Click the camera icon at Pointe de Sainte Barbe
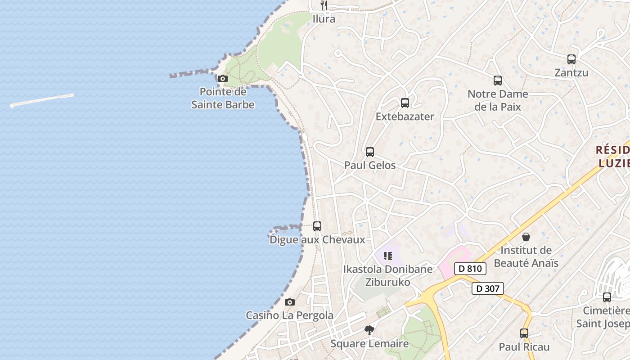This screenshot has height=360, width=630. (222, 79)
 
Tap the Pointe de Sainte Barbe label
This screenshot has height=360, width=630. (223, 98)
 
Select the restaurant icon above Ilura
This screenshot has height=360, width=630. (324, 5)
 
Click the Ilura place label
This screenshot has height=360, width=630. (324, 19)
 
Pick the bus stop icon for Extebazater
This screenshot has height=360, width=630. (405, 103)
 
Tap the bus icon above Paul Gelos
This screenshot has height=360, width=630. (370, 152)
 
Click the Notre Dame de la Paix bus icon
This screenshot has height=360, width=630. (498, 81)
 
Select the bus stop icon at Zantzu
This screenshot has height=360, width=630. (571, 59)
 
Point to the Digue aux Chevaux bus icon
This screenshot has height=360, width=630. (317, 226)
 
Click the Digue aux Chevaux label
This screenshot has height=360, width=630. (317, 240)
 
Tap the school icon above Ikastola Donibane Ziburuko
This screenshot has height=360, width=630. (388, 256)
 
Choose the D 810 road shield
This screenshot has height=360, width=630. (470, 269)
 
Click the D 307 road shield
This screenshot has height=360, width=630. (488, 288)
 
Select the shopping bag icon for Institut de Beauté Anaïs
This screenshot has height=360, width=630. (526, 237)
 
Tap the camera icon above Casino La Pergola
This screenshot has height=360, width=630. (290, 302)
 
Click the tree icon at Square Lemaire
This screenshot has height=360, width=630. (369, 330)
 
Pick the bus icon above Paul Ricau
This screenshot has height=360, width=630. (524, 333)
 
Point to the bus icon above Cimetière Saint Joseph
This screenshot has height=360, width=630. (607, 297)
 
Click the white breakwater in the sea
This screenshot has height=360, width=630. (42, 100)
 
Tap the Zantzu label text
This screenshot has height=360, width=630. (571, 72)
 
